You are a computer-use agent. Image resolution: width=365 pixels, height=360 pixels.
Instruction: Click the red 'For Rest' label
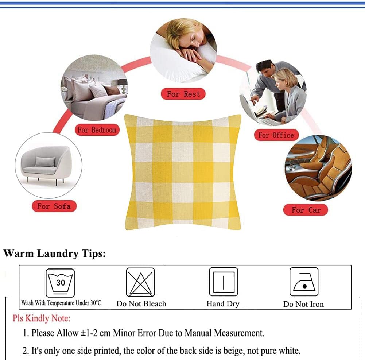pos(183,94)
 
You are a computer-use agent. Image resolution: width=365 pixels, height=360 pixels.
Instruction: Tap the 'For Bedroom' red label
pos(97,130)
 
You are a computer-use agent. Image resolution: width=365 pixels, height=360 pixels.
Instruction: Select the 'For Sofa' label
pos(54,206)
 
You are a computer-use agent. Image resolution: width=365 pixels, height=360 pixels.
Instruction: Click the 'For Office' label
pos(276,135)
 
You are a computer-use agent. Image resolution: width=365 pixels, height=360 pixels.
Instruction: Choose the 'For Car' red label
pos(306,210)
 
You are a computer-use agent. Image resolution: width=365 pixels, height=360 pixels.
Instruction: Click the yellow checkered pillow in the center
pos(183,172)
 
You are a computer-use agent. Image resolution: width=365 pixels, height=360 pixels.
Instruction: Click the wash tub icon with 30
pos(60,282)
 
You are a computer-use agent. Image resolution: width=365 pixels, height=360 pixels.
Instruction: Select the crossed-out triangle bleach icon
pos(140,282)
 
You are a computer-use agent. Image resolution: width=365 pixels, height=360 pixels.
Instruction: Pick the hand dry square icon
pos(224,282)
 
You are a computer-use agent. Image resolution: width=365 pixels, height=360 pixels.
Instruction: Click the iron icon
pos(304,282)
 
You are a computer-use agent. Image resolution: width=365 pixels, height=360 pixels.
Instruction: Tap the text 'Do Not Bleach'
pos(141,304)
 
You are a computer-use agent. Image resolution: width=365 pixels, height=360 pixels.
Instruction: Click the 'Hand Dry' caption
pos(223,304)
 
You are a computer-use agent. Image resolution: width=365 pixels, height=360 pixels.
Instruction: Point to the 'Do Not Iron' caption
pos(303,304)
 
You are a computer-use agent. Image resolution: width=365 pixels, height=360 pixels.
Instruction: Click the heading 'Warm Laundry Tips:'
pos(54,253)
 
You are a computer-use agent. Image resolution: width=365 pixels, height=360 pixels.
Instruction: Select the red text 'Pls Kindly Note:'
pos(42,318)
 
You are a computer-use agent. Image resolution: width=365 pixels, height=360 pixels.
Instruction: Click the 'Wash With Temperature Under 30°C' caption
pos(61,303)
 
